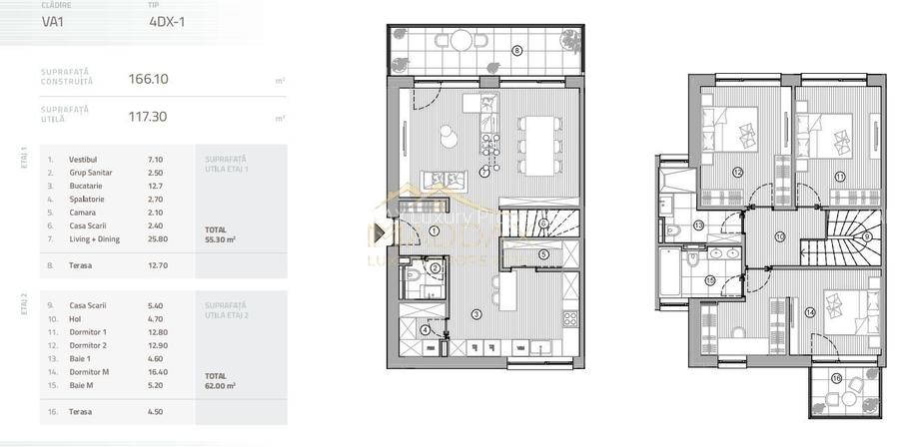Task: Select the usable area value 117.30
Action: (148, 117)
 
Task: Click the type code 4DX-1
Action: (168, 20)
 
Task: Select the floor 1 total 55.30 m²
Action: (220, 239)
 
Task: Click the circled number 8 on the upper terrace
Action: (517, 50)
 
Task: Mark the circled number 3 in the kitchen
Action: (476, 314)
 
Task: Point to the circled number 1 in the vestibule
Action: (435, 231)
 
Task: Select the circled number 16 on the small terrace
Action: (836, 378)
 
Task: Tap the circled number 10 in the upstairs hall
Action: (779, 236)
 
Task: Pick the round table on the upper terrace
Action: (460, 41)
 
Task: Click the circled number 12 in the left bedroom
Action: (736, 173)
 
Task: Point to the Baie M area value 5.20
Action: (155, 384)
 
